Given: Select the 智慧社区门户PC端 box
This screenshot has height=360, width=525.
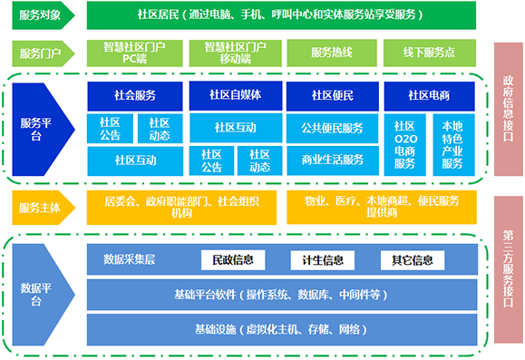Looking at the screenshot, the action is (x=134, y=53).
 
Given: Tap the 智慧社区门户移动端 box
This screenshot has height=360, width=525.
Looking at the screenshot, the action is (x=234, y=53).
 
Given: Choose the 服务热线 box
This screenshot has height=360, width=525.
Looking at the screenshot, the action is (x=331, y=53).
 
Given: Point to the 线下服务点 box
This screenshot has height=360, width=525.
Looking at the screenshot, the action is (x=429, y=53).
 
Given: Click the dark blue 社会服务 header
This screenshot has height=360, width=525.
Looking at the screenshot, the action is (x=134, y=94).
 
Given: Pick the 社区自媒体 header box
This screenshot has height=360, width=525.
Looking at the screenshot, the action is (x=234, y=94).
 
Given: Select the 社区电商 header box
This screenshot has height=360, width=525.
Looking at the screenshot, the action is (x=429, y=94).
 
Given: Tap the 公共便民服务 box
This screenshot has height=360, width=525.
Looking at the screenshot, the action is (x=331, y=127).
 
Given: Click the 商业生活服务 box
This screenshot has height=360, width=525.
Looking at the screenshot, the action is (x=331, y=160).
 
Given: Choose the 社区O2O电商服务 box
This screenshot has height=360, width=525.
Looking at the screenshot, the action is (x=404, y=143).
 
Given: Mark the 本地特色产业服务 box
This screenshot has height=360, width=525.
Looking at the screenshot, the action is (x=452, y=143).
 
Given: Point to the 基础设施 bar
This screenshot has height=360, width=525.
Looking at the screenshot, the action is (x=282, y=327).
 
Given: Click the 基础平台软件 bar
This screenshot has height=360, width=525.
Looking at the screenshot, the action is (x=282, y=294).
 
